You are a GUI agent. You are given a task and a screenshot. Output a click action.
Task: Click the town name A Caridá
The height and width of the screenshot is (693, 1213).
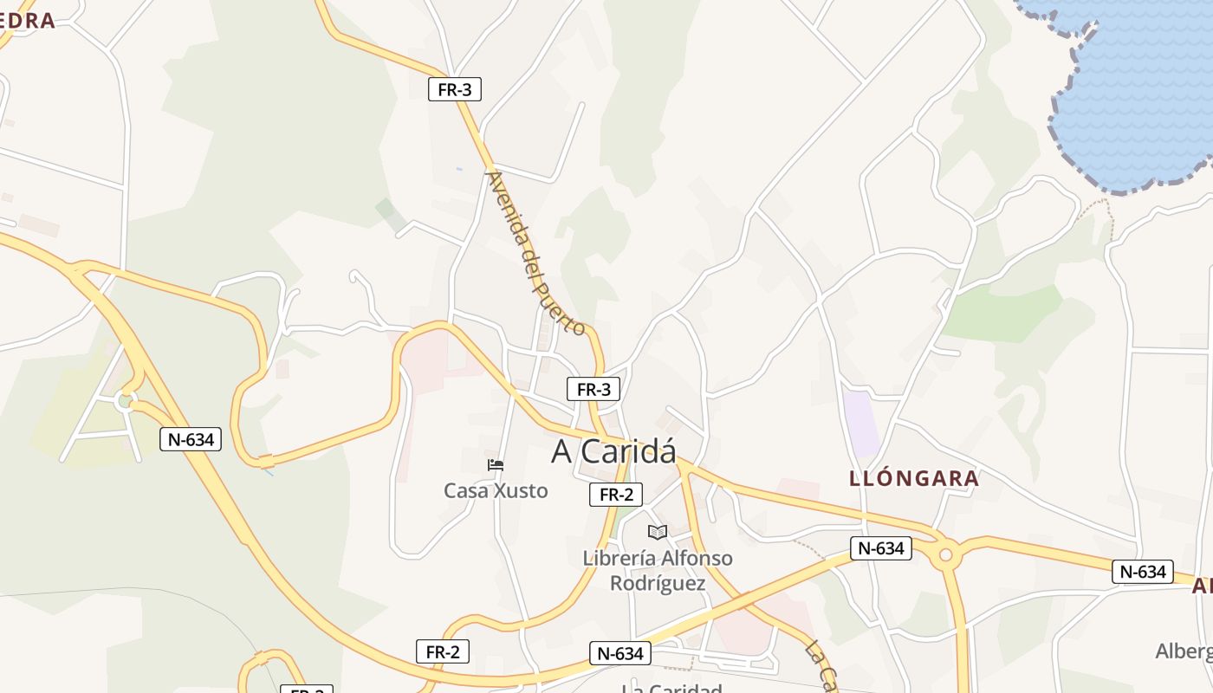(x=613, y=451)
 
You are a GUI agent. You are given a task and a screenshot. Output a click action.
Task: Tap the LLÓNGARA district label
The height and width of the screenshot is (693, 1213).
(x=914, y=478)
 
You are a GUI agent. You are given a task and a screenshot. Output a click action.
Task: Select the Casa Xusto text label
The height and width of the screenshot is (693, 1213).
(x=496, y=491)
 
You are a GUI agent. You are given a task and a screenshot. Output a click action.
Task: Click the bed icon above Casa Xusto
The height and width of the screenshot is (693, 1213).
(x=496, y=466)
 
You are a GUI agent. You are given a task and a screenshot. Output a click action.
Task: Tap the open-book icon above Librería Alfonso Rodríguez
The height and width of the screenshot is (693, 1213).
(x=658, y=532)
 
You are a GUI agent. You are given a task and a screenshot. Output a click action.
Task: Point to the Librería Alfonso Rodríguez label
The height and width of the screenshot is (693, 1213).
(x=658, y=571)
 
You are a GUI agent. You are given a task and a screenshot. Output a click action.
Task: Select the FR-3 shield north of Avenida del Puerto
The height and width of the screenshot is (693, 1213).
(x=455, y=88)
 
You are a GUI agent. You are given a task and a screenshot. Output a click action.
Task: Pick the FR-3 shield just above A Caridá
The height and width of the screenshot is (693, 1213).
(x=594, y=389)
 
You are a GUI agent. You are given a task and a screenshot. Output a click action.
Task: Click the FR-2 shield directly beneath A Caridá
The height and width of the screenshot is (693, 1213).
(x=616, y=495)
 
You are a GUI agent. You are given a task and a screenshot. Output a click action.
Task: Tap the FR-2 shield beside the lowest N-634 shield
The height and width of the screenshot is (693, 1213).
(x=443, y=651)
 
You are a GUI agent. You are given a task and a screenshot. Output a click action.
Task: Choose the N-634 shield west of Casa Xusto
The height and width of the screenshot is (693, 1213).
(x=191, y=439)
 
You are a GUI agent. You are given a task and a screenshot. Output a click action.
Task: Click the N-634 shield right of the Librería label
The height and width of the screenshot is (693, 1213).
(x=880, y=547)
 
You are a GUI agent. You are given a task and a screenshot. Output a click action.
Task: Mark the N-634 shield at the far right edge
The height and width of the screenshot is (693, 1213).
(x=1143, y=571)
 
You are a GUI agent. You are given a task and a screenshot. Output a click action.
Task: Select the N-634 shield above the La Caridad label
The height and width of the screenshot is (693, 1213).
(x=620, y=653)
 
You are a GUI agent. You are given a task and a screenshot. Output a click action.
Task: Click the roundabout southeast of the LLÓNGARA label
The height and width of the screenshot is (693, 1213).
(x=945, y=554)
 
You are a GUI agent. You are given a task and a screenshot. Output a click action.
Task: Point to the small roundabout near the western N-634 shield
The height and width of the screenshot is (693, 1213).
(x=126, y=400)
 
